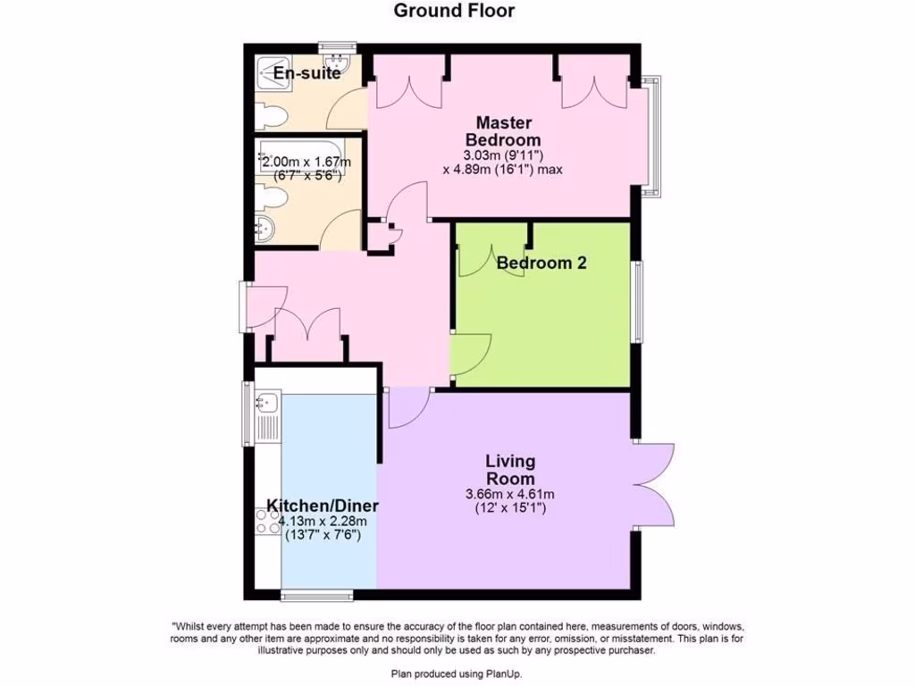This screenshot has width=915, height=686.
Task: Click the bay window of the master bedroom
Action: (655, 136)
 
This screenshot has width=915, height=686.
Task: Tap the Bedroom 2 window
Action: (637, 302)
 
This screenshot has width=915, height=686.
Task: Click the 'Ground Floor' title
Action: (454, 11)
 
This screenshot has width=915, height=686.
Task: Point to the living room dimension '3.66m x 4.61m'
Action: (510, 494)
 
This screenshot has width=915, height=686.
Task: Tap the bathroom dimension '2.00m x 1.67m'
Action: (306, 162)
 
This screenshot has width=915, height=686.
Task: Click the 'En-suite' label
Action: (307, 73)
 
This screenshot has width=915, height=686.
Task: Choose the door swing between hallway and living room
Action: (406, 407)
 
